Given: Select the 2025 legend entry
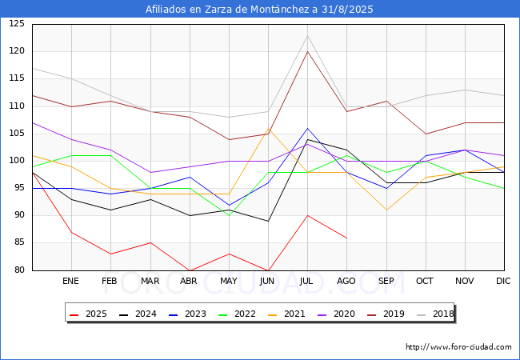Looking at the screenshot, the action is (x=88, y=314).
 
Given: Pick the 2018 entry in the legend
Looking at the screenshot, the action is (x=435, y=314).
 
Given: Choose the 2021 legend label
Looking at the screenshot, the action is (x=286, y=314).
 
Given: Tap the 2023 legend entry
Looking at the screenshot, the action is (x=187, y=314).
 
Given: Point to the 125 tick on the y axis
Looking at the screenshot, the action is (x=17, y=23).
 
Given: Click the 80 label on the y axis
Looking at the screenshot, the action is (x=19, y=270).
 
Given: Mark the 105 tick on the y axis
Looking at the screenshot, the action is (x=17, y=134).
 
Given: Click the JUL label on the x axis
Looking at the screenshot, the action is (x=306, y=281).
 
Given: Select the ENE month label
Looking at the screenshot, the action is (x=70, y=281).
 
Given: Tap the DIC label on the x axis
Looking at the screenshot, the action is (x=503, y=281).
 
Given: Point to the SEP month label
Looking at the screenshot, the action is (x=386, y=281).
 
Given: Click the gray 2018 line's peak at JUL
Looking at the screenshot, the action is (x=308, y=35).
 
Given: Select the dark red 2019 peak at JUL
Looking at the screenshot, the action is (x=308, y=52).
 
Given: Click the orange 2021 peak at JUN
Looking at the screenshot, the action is (x=268, y=128).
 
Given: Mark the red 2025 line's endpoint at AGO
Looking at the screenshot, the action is (x=347, y=238).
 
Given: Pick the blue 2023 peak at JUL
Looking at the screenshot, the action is (x=308, y=128).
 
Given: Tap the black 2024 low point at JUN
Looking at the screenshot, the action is (x=268, y=221).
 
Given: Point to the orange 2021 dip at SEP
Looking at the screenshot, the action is (x=386, y=210).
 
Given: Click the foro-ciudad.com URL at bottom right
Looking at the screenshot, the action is (x=458, y=347).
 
